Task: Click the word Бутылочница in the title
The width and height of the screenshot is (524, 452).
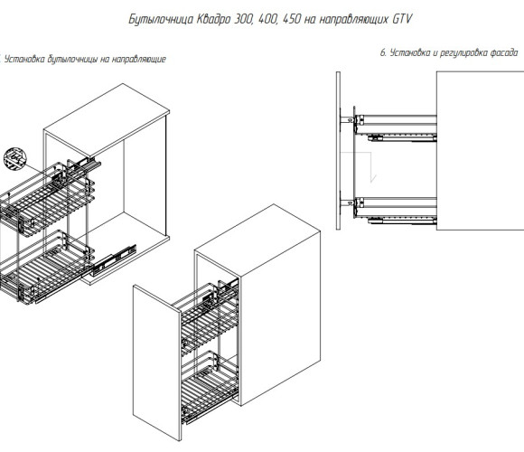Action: click(161, 19)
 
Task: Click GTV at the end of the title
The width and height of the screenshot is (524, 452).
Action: click(401, 19)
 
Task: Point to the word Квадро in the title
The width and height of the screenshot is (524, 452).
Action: click(213, 20)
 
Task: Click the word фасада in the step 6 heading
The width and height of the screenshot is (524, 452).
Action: click(504, 52)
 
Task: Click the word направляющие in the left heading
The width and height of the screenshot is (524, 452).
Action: click(139, 59)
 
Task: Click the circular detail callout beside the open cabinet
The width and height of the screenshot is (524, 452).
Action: click(15, 158)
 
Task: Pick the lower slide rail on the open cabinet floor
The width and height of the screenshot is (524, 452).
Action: click(113, 260)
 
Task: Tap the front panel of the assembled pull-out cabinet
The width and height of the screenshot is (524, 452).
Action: click(156, 363)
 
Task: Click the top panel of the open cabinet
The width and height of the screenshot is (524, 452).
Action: click(107, 117)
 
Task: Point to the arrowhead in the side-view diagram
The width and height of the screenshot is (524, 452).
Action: click(373, 178)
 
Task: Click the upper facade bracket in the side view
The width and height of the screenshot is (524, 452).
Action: click(347, 119)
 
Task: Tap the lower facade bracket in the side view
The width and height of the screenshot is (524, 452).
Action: click(347, 202)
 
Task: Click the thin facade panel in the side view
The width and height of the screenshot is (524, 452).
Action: click(338, 150)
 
